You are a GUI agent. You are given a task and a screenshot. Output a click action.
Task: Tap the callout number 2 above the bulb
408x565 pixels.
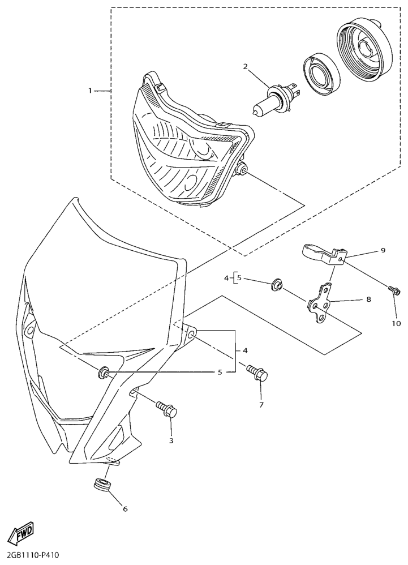[255, 66]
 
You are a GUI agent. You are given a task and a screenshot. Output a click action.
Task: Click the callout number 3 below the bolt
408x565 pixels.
[171, 440]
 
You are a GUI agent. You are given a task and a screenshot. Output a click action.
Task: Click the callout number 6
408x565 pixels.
[125, 509]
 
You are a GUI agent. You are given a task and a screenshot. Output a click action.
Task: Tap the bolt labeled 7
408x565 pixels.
[257, 374]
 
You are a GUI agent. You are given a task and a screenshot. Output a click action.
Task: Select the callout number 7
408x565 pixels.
[261, 404]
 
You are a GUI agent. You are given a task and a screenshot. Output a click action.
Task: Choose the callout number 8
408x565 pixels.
[369, 299]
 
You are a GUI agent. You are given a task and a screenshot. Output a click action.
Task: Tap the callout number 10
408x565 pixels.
[396, 324]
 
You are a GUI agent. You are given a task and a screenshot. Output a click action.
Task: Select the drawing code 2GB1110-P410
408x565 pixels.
[30, 555]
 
